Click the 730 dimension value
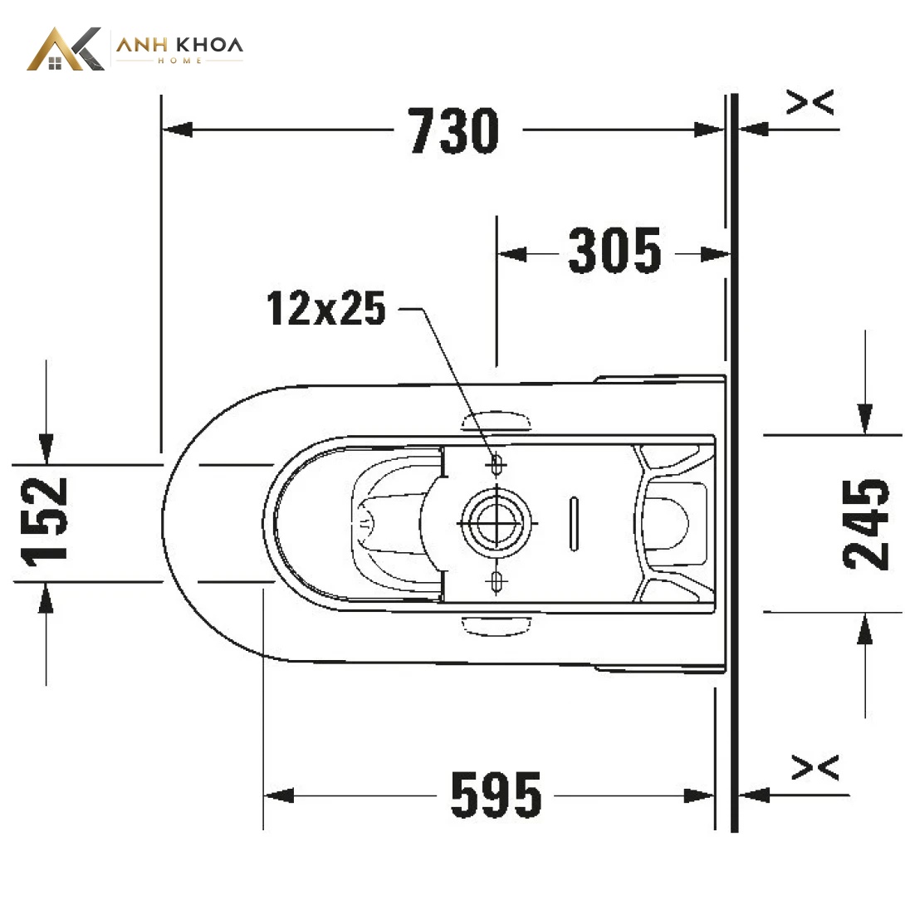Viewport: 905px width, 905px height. point(453,130)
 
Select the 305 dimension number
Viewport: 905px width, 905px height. point(614,251)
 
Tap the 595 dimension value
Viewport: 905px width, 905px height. point(496,795)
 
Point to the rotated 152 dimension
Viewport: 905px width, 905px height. point(44,521)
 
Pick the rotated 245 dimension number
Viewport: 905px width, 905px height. point(866,524)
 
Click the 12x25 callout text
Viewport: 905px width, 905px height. point(326,308)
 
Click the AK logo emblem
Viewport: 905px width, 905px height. point(66,49)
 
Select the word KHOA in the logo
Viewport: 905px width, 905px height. point(208,45)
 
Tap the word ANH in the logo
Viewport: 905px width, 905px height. point(142,45)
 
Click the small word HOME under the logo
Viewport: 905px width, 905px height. point(179,61)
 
